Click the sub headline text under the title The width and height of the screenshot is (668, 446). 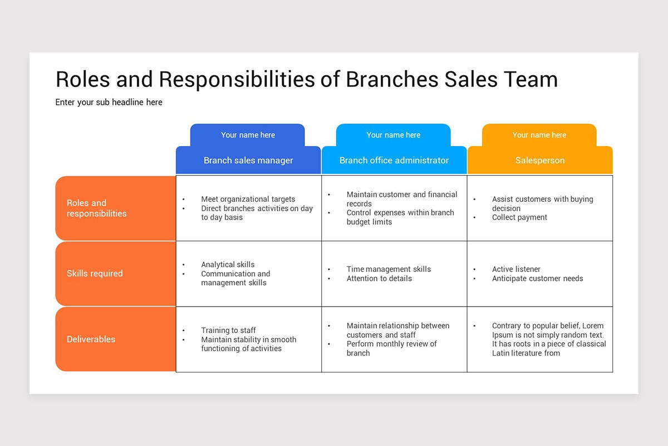[x=109, y=102]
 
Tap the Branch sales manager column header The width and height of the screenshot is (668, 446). [x=248, y=161]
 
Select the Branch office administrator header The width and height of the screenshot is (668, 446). [x=394, y=161]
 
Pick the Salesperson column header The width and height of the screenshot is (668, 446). [x=539, y=161]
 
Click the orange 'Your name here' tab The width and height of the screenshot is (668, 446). [x=539, y=135]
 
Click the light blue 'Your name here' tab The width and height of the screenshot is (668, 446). [x=393, y=135]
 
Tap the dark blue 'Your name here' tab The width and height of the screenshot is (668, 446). [x=248, y=135]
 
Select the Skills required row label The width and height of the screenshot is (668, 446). [x=95, y=274]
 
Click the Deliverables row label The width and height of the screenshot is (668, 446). [x=91, y=339]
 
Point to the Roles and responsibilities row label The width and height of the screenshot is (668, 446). [x=96, y=208]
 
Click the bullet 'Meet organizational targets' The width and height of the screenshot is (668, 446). [x=248, y=199]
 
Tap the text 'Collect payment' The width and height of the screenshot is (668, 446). [x=519, y=217]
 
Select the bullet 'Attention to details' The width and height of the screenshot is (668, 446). [x=379, y=278]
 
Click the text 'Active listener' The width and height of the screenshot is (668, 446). [x=516, y=269]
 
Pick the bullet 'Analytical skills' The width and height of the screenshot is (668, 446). [x=228, y=265]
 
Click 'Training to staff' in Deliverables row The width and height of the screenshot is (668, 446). [x=228, y=330]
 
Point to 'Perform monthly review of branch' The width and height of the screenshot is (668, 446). [x=391, y=348]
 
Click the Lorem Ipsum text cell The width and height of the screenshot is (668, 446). [x=548, y=339]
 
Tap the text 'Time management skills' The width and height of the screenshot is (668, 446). [x=389, y=269]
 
